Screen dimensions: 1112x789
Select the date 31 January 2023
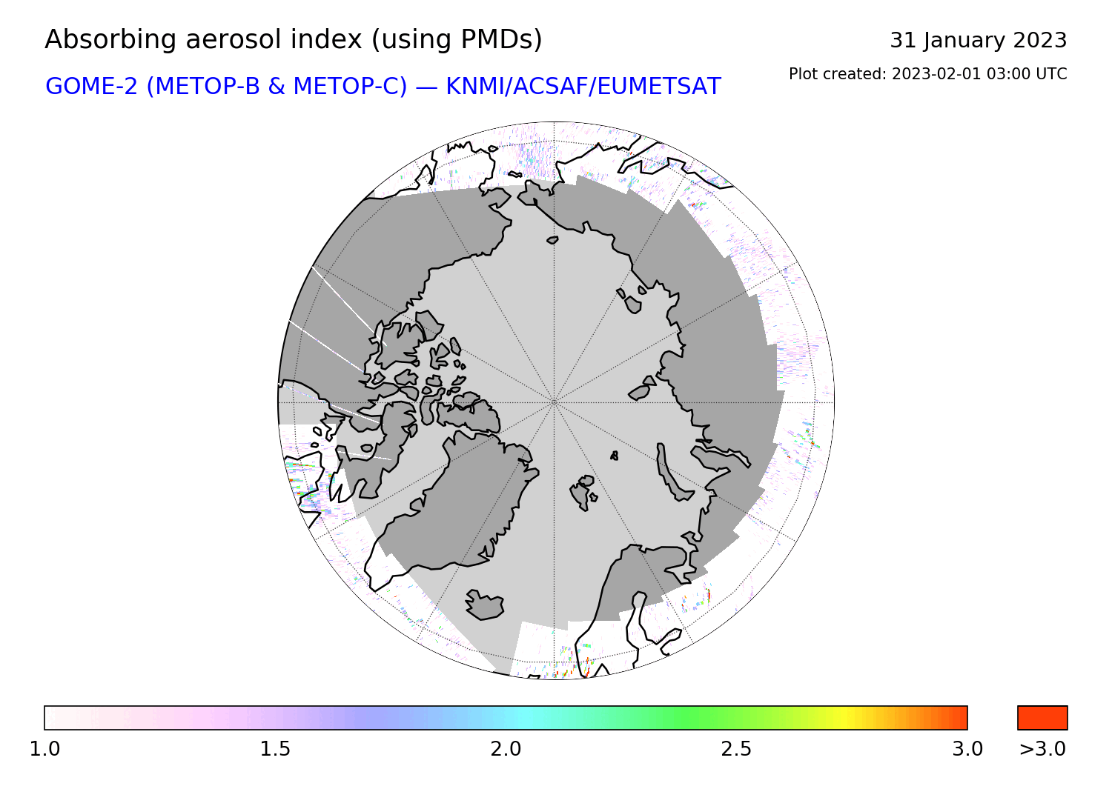[x=978, y=41]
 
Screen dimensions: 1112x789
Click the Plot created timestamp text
[x=928, y=74]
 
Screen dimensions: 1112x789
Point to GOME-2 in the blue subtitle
[x=91, y=87]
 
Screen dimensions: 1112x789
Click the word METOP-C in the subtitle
[x=351, y=87]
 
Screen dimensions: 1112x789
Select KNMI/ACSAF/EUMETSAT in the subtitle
[x=583, y=87]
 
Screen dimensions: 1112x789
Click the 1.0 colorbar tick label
[x=44, y=749]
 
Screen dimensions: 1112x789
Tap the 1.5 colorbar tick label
[x=276, y=749]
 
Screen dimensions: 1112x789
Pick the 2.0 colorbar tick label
[x=506, y=749]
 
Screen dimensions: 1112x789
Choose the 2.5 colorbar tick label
[x=736, y=749]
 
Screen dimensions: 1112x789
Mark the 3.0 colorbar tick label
[x=967, y=749]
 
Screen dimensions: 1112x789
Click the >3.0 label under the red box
[x=1042, y=749]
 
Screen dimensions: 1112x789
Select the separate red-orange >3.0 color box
[x=1042, y=718]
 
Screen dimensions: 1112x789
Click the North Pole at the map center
[x=554, y=402]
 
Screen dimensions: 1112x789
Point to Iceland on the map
[x=485, y=605]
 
